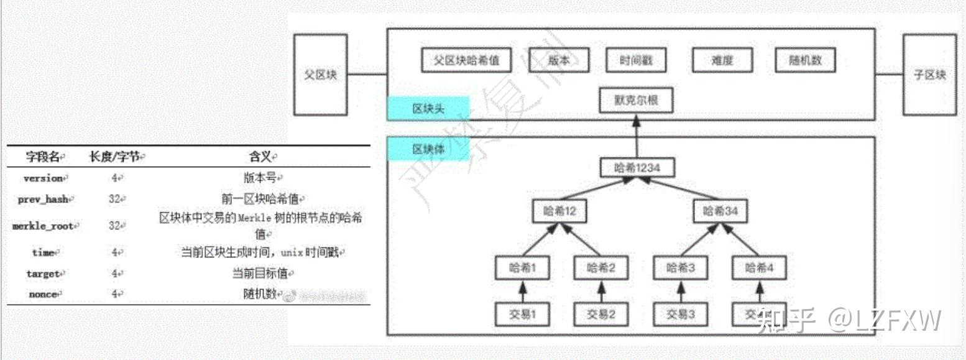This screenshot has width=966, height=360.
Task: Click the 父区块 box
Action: (320, 75)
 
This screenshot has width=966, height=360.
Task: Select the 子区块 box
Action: (929, 75)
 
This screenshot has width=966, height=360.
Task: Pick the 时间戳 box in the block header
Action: (635, 61)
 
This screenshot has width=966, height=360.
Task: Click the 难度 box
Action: (722, 61)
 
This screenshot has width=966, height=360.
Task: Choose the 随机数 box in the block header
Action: (805, 61)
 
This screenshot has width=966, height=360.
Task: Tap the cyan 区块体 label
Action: (428, 150)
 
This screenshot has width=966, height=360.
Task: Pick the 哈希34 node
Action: (720, 211)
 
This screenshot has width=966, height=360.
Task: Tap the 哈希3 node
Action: (679, 268)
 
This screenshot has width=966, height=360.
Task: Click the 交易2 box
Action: (600, 314)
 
